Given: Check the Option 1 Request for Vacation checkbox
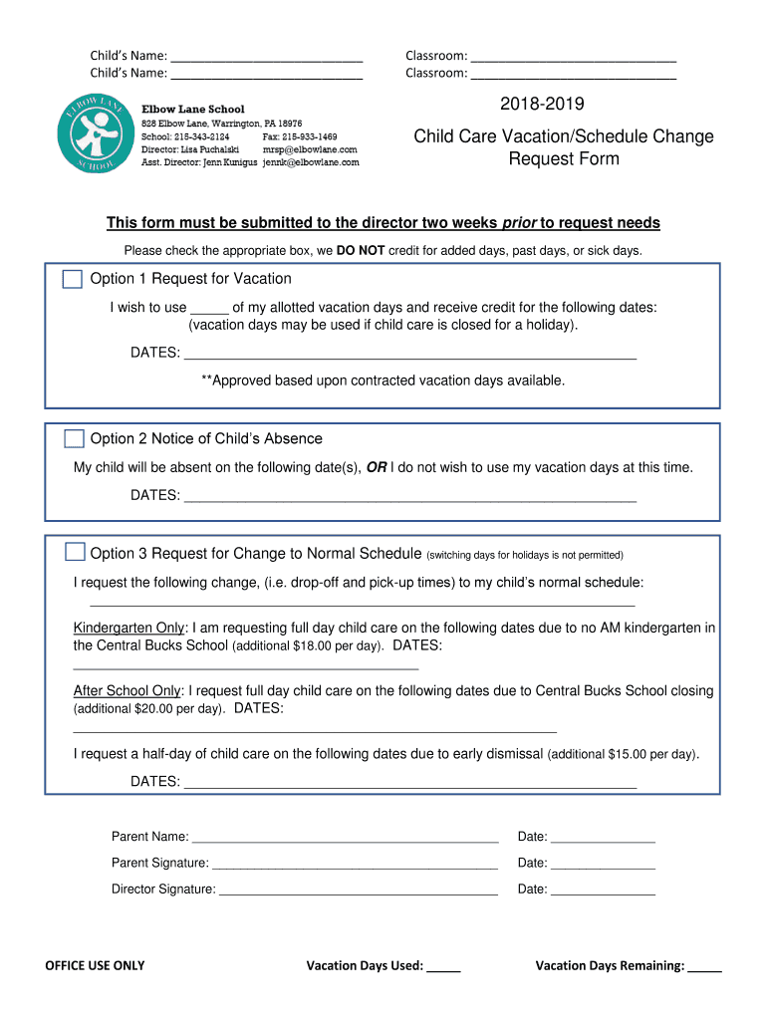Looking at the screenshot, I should (73, 279).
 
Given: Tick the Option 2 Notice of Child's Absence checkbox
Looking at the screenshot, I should (74, 439).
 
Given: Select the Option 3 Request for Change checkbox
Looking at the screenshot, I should (75, 553).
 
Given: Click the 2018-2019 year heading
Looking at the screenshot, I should (543, 105).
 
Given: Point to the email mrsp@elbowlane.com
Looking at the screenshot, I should (310, 149).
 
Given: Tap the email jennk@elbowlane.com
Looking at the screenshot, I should (311, 162).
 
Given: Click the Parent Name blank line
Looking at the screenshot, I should (345, 837).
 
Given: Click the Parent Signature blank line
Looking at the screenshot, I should (355, 864).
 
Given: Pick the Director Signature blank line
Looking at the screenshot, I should (358, 890).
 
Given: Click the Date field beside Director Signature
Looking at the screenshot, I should (603, 890).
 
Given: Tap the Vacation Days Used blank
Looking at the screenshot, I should (444, 966).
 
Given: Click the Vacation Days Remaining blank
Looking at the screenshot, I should (704, 966).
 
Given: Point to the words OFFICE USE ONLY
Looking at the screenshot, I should (95, 966).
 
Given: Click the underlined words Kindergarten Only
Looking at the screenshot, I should (129, 629).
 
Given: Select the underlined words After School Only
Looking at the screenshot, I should (128, 691).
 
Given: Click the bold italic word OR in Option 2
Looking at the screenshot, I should (377, 467).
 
